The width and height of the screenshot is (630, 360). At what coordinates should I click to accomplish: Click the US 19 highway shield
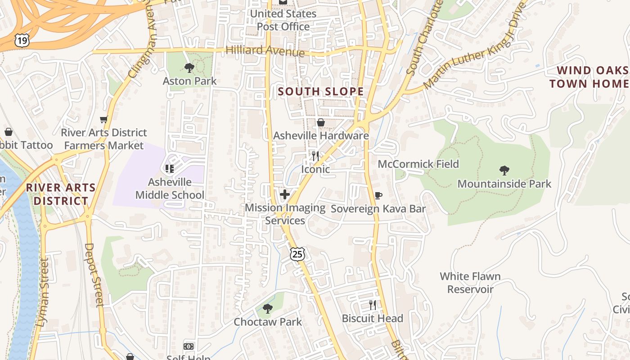22,41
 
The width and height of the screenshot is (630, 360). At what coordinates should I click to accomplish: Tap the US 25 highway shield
297,254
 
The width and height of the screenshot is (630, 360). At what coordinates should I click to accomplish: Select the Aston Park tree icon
189,68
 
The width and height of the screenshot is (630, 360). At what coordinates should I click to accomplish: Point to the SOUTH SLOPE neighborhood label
320,91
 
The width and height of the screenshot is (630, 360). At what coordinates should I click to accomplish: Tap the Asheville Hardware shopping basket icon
321,122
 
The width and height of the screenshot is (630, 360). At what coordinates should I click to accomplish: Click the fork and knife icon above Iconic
315,156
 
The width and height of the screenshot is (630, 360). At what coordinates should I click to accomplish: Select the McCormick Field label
418,164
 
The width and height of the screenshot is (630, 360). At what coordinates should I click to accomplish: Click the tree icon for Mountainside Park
504,171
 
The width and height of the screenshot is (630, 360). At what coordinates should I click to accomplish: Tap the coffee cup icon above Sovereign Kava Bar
378,195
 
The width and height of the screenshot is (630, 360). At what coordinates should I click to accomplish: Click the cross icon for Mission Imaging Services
284,194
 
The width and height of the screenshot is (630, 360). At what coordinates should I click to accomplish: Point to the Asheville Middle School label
170,189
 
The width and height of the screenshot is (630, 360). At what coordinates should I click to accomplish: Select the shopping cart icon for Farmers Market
104,120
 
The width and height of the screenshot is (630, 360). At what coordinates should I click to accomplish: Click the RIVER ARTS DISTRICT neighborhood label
60,194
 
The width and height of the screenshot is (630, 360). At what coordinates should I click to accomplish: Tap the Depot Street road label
93,274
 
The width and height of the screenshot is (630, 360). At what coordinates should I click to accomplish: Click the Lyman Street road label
43,292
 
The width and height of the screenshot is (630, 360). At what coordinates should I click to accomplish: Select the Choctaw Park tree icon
268,308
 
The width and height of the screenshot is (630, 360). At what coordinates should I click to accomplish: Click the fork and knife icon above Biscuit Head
372,305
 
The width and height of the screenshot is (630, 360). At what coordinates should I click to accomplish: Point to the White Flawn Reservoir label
470,283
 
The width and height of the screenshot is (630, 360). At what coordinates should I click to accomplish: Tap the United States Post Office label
283,20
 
